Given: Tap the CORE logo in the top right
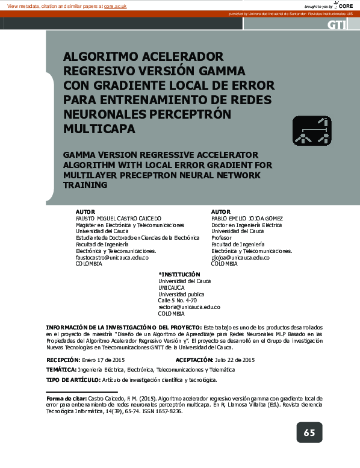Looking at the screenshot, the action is pos(345,5).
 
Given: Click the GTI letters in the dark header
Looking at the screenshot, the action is pos(336,25).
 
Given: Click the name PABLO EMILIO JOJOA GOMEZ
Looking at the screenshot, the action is pos(247,218).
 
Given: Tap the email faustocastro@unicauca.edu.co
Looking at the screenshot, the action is pos(112,257).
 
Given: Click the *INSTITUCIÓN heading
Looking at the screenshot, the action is pos(179,274).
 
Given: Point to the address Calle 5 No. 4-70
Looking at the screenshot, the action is pos(177,300).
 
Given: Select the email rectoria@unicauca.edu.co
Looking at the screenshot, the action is pos(189,307).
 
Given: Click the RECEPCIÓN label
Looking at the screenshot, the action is pos(63,360).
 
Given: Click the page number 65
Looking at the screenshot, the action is pos(309,432).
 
